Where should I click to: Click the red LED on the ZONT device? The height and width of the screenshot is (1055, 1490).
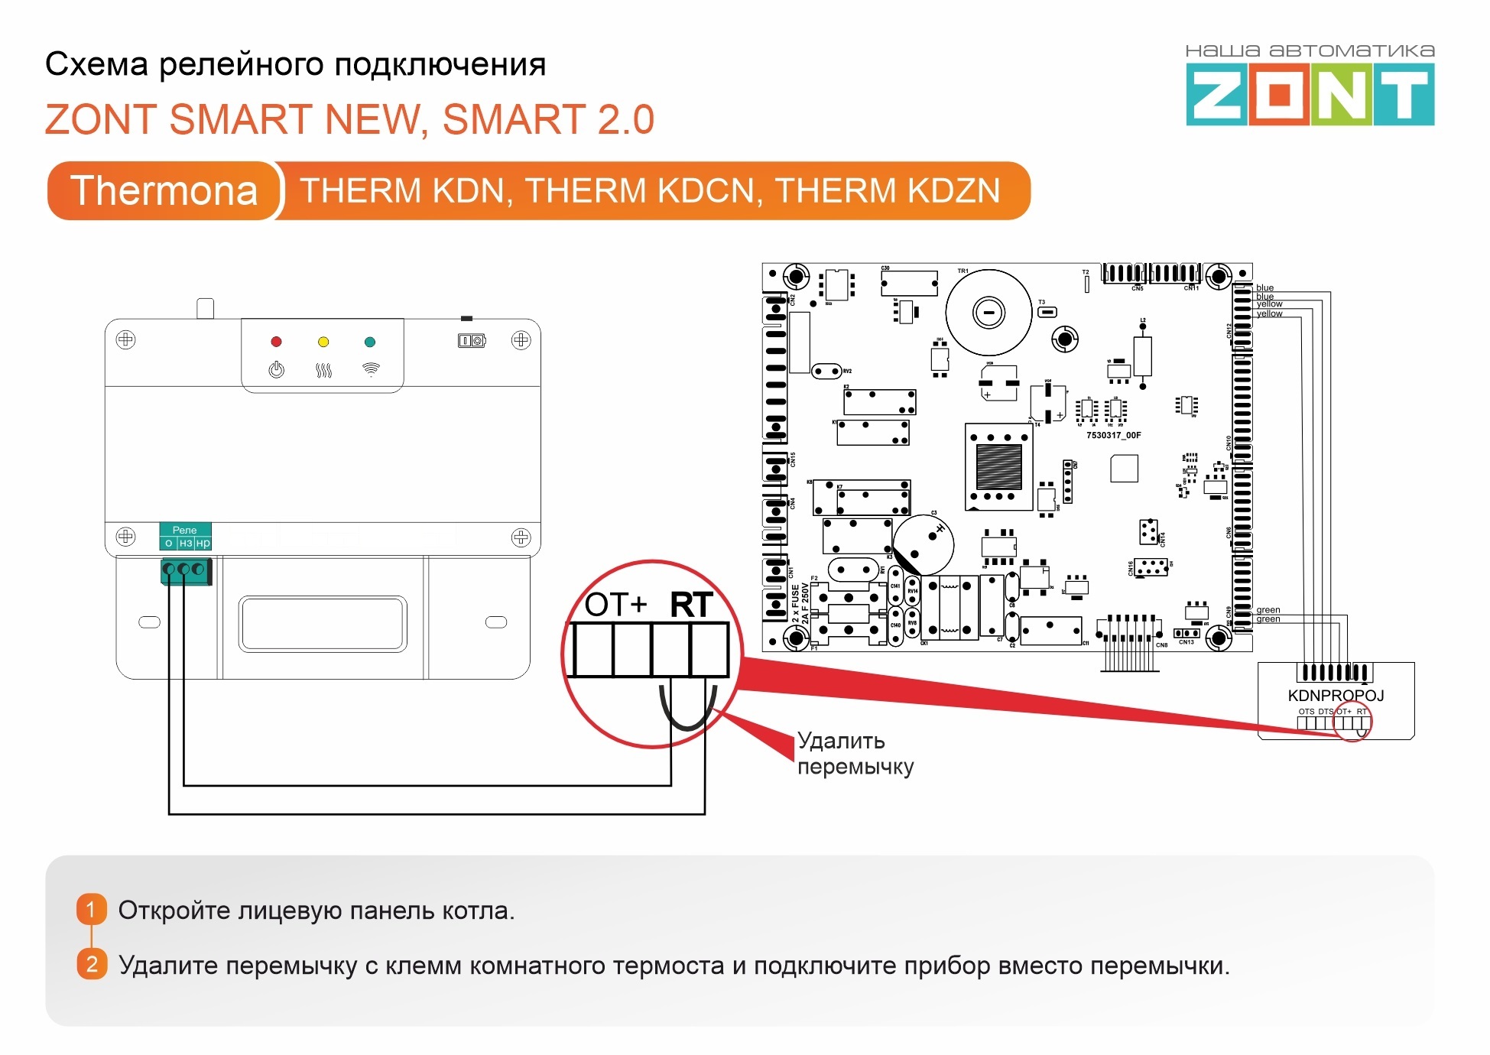click(x=276, y=342)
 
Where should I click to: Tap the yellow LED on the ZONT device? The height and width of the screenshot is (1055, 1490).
click(x=323, y=342)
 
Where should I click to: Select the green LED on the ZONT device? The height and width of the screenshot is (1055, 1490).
click(x=370, y=342)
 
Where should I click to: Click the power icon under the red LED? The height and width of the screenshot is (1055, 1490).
click(x=276, y=370)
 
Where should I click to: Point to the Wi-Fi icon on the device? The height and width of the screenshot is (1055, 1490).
click(x=371, y=370)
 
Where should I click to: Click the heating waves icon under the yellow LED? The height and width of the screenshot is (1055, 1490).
click(x=323, y=371)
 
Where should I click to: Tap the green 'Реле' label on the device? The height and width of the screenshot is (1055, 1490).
click(x=185, y=530)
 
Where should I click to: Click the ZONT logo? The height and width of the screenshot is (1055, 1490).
click(x=1310, y=95)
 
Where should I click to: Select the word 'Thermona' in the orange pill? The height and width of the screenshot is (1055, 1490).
click(x=164, y=190)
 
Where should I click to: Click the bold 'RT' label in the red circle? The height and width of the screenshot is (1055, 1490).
click(x=691, y=605)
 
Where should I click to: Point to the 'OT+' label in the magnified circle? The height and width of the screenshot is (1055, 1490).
click(x=616, y=605)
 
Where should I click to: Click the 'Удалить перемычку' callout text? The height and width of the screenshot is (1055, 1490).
click(x=855, y=753)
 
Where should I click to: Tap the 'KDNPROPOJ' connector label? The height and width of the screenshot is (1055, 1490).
click(x=1336, y=696)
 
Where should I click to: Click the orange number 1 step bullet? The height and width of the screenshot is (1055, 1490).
click(x=91, y=910)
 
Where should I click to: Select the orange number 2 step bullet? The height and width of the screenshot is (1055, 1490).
click(x=91, y=964)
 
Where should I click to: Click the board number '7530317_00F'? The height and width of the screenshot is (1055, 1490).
click(x=1113, y=435)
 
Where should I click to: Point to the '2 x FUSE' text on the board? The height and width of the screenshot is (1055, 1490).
click(x=796, y=605)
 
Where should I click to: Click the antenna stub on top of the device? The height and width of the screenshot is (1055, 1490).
click(x=205, y=308)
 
